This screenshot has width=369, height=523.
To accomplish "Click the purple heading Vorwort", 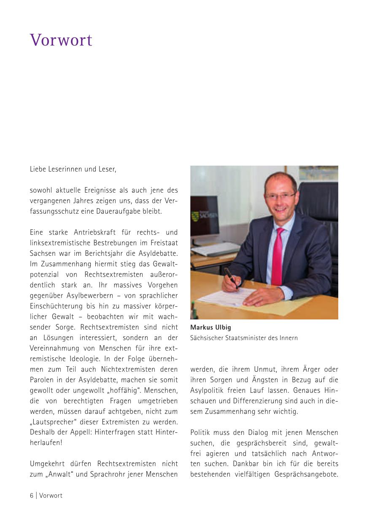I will click(61, 40).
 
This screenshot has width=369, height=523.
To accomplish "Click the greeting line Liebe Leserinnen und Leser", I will click(73, 169).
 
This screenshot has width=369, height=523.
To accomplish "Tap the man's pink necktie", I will click(277, 257).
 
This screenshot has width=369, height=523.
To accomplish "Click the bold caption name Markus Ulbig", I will click(210, 327).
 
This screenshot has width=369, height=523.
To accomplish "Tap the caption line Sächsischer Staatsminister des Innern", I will click(244, 338).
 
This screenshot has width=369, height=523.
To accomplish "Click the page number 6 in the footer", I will click(32, 496).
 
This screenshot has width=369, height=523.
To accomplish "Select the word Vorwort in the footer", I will click(51, 496).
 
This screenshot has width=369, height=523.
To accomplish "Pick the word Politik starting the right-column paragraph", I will click(201, 433).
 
